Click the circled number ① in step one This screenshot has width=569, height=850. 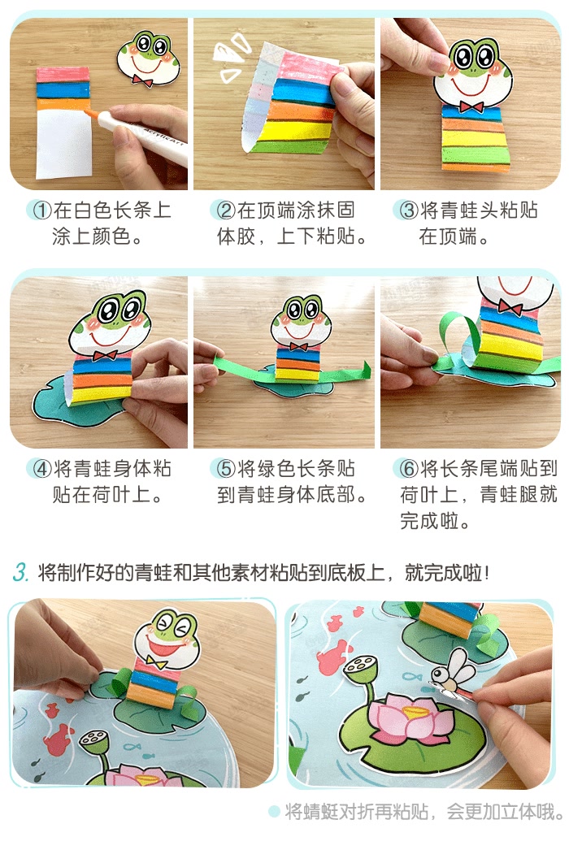point(42,210)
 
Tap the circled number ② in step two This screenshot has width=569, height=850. point(225,210)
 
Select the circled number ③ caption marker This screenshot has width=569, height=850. point(409,210)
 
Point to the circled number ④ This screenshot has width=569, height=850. point(42,469)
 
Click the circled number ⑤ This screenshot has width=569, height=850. point(225,469)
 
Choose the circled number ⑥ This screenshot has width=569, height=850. point(409,469)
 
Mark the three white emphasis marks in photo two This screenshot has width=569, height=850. point(230,55)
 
